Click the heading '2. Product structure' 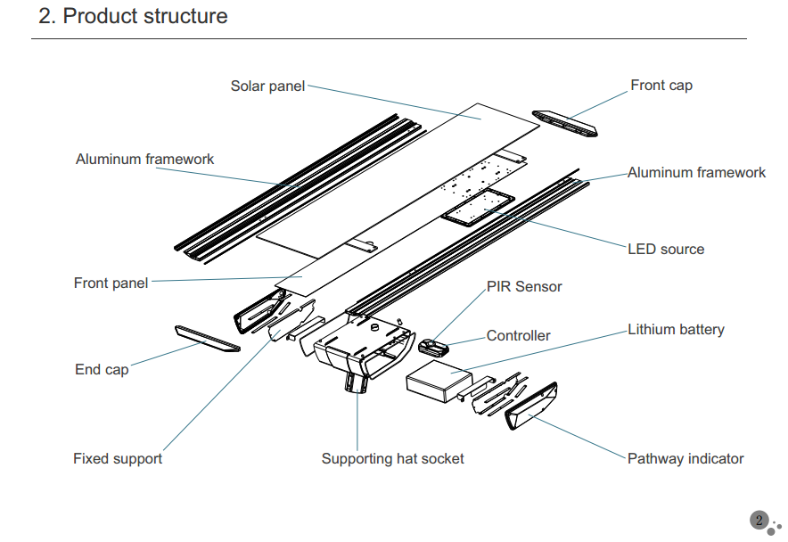click(133, 17)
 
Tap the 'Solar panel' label click(267, 86)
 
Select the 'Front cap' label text click(661, 86)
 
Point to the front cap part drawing click(565, 123)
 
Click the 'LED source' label click(665, 250)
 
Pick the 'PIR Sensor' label click(524, 287)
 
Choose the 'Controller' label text click(518, 336)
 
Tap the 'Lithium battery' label click(676, 330)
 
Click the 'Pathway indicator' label click(685, 459)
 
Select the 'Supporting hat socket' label click(392, 459)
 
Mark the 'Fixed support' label click(118, 459)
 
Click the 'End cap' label click(102, 369)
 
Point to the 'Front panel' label click(111, 283)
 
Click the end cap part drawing click(207, 338)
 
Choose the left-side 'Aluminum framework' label click(144, 160)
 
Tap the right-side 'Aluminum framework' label click(696, 173)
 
